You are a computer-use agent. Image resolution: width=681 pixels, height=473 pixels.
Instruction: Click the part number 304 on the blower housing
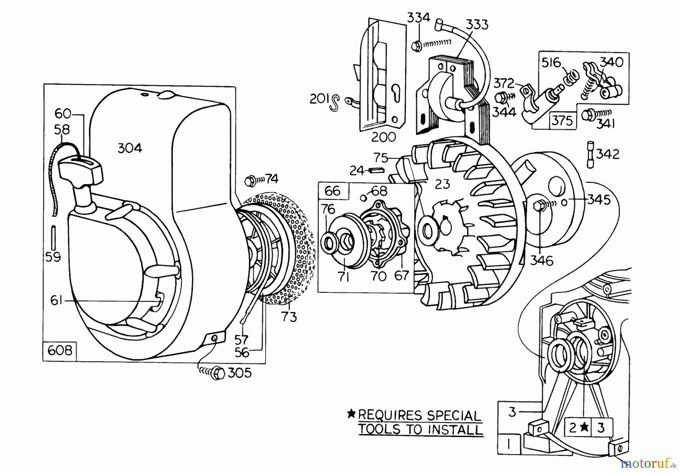[x=130, y=148]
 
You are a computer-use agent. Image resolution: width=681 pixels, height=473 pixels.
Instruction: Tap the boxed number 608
[x=60, y=350]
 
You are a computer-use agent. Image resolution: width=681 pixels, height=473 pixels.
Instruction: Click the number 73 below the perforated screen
[x=289, y=317]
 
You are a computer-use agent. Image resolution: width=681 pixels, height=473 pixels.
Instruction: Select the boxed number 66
[x=332, y=191]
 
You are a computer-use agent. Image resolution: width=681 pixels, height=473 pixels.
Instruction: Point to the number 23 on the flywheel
[x=442, y=184]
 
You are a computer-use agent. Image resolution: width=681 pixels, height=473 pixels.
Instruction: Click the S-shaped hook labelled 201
[x=334, y=103]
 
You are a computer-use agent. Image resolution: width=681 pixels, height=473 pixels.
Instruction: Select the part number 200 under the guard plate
[x=384, y=137]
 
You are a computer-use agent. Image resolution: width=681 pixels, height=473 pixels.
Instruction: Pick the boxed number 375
[x=561, y=120]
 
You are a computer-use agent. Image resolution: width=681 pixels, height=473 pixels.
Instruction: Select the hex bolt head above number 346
[x=538, y=207]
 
